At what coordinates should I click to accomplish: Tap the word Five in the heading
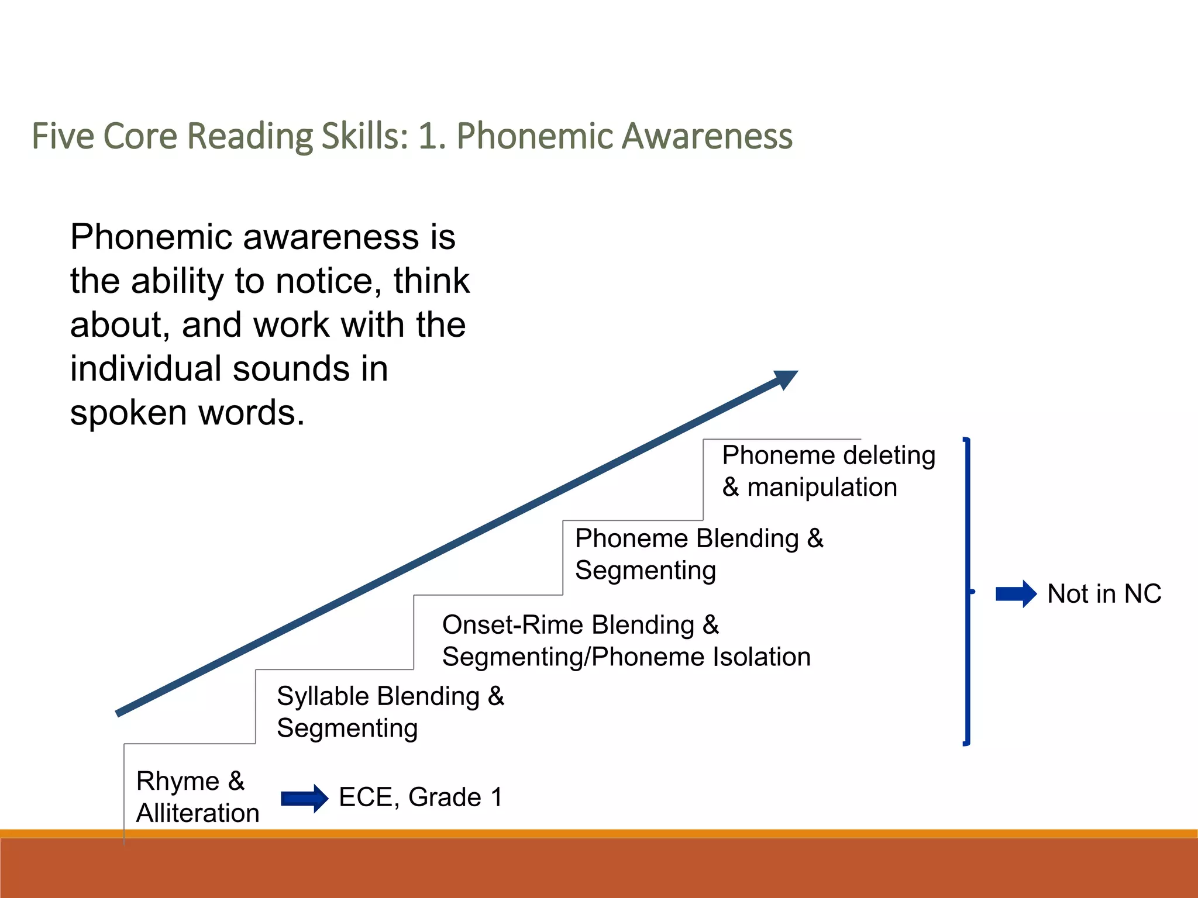(x=62, y=136)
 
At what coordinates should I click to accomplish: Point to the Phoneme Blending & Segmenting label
(x=698, y=554)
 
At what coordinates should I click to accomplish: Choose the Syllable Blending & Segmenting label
(x=390, y=712)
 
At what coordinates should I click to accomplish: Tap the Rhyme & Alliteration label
(x=197, y=797)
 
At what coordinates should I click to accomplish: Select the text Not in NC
(x=1103, y=594)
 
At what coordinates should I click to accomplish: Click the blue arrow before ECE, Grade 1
(x=304, y=799)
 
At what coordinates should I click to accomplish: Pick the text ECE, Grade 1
(x=420, y=797)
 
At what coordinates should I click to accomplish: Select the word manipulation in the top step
(x=822, y=488)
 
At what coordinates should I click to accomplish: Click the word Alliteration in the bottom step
(x=198, y=813)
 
